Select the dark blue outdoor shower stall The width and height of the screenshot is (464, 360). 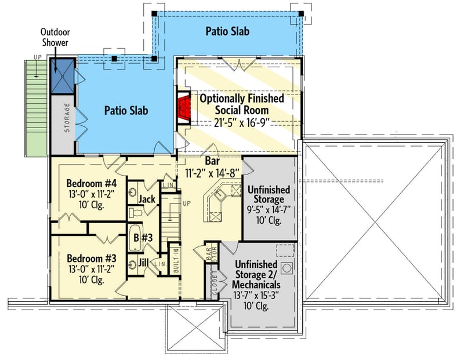point(61,75)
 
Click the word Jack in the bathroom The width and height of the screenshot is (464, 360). point(146,199)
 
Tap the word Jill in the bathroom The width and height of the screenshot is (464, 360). point(144,263)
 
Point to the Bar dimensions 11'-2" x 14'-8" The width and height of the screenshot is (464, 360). point(211,172)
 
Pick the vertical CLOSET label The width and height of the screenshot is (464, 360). point(213,282)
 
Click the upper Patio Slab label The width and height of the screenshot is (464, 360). point(227,31)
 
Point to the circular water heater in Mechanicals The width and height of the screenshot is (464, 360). point(287,268)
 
